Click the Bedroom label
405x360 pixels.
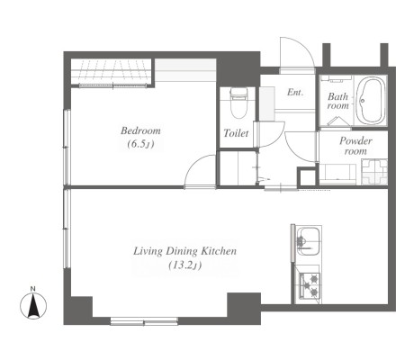[x=140, y=130]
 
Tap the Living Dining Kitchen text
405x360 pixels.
[x=184, y=251]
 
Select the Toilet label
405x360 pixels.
[x=236, y=133]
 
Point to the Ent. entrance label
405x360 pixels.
[x=295, y=92]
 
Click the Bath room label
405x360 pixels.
[x=338, y=101]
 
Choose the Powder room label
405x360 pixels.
[x=355, y=146]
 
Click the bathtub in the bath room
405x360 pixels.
[x=371, y=101]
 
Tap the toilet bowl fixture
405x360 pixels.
[x=238, y=103]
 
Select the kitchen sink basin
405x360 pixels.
[x=308, y=241]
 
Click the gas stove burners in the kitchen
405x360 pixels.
[x=310, y=285]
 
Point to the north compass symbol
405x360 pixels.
[x=33, y=306]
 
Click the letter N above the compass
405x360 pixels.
[x=33, y=289]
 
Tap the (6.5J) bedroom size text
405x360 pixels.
[x=140, y=144]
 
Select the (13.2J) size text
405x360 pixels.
[x=184, y=265]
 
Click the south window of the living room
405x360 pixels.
[x=144, y=321]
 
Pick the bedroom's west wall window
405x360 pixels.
[x=67, y=148]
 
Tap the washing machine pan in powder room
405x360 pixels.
[x=374, y=172]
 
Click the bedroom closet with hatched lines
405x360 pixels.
[x=112, y=72]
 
